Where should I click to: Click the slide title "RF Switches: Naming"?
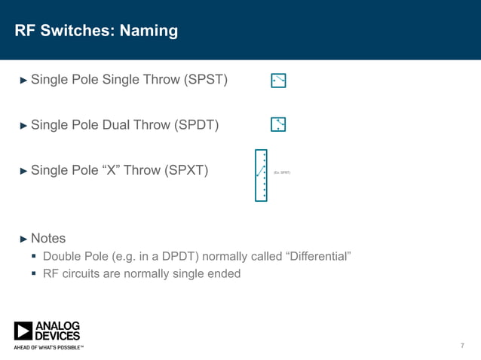[96, 31]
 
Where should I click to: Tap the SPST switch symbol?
[278, 81]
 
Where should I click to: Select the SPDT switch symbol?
[278, 124]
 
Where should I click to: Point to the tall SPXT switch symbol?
[261, 175]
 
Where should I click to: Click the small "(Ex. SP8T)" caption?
[282, 172]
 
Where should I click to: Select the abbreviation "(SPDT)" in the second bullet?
[197, 125]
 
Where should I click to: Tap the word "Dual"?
[115, 125]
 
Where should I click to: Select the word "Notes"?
[48, 239]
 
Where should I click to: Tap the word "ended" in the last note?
[224, 273]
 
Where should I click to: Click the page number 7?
[462, 346]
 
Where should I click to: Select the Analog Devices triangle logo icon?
[23, 331]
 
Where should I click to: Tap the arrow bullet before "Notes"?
[23, 239]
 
